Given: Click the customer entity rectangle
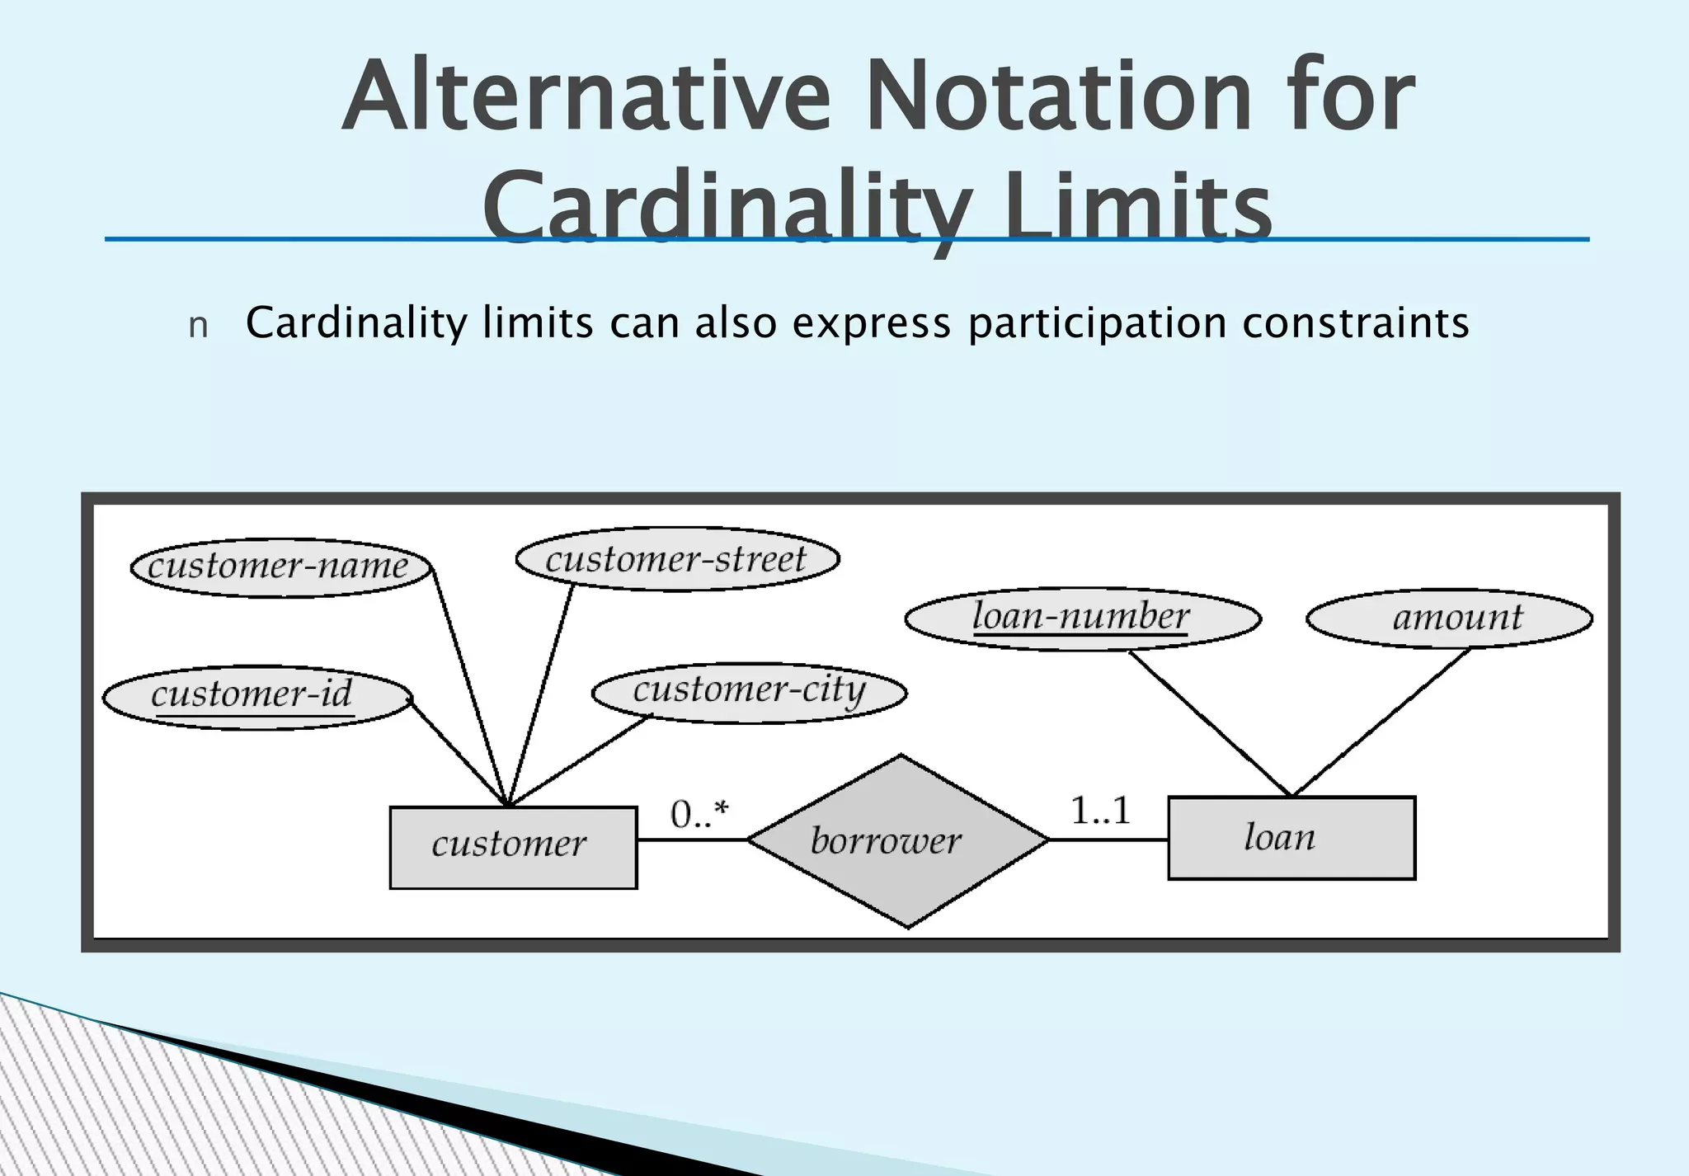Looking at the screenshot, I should tap(513, 847).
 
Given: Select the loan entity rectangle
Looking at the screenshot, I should tap(1291, 838).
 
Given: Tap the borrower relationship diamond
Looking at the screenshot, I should tap(898, 841).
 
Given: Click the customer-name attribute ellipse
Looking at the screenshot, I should tap(280, 567).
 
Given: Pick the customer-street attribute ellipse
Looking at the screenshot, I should tap(677, 559).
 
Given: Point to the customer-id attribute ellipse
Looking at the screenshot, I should tap(256, 697).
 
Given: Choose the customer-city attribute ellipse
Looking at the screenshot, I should tap(749, 692).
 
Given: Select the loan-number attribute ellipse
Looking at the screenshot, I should tap(1082, 619).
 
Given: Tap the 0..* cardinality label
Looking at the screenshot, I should tap(699, 815).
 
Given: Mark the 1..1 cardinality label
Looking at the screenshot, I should tap(1100, 811).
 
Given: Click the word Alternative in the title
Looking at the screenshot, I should tap(586, 97).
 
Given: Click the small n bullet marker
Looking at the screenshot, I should tap(198, 327).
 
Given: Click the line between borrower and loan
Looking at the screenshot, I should tap(1108, 840).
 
